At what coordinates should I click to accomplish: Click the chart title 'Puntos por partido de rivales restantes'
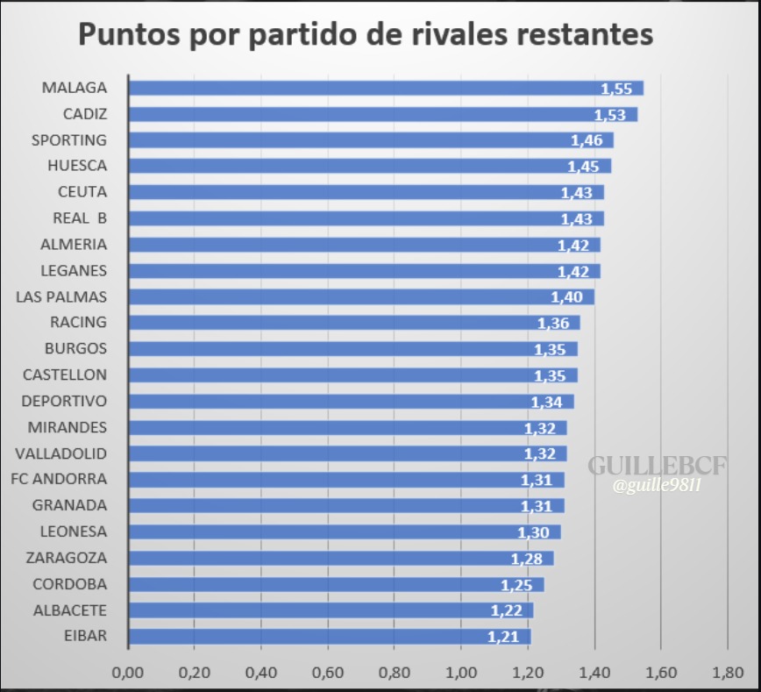366,34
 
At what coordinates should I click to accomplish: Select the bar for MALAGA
386,88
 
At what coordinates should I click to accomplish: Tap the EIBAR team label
86,636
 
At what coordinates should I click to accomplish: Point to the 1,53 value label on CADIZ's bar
610,115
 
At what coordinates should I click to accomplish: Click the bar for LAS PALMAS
361,296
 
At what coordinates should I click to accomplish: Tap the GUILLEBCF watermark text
657,465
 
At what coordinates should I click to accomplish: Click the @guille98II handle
658,485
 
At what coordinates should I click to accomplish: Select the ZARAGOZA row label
67,557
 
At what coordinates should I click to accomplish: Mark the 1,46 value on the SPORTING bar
587,140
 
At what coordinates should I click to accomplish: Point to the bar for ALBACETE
331,610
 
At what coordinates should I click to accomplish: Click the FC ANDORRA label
59,479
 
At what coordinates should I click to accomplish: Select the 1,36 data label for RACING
553,324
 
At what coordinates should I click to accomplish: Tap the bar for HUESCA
369,166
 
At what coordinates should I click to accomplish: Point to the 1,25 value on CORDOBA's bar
516,585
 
